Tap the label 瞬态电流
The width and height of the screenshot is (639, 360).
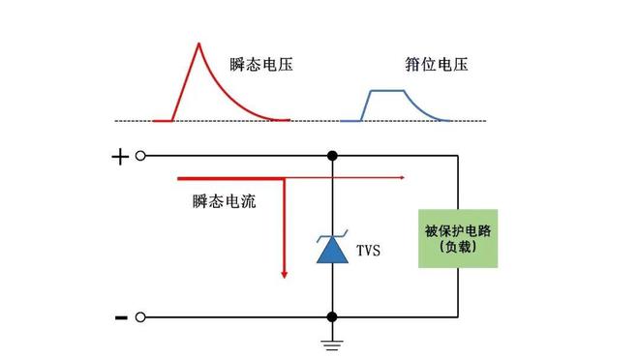[x=224, y=202]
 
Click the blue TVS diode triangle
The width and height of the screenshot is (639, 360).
[x=332, y=251]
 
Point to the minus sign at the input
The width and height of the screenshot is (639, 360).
[x=121, y=316]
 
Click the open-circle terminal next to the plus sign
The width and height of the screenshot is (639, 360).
[x=141, y=156]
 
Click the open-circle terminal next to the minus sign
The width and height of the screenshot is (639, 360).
[x=141, y=316]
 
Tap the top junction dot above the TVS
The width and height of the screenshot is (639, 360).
[x=332, y=156]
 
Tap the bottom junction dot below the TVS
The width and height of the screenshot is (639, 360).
[x=332, y=316]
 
